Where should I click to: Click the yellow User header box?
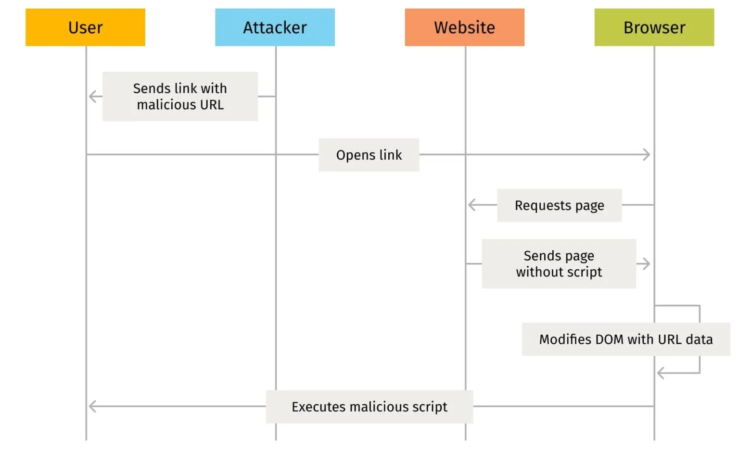click(x=85, y=27)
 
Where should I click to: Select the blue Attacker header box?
click(x=275, y=27)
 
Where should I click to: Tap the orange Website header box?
click(x=464, y=27)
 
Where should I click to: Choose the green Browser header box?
click(x=654, y=27)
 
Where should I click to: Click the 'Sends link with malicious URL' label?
click(x=180, y=96)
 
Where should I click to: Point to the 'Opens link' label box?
click(x=369, y=155)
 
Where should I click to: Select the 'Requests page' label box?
click(x=559, y=205)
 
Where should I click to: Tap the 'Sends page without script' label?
click(x=559, y=263)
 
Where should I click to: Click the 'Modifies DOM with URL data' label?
click(x=625, y=339)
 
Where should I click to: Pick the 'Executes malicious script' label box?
click(x=369, y=407)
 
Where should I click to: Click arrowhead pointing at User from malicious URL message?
click(x=93, y=97)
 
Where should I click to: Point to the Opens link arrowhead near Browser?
click(x=647, y=155)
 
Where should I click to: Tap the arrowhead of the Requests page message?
click(x=472, y=205)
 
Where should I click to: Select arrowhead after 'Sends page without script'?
click(x=646, y=263)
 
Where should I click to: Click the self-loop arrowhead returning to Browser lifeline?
click(x=661, y=373)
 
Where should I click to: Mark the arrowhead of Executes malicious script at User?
click(x=93, y=407)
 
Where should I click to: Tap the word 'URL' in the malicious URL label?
click(x=212, y=105)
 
